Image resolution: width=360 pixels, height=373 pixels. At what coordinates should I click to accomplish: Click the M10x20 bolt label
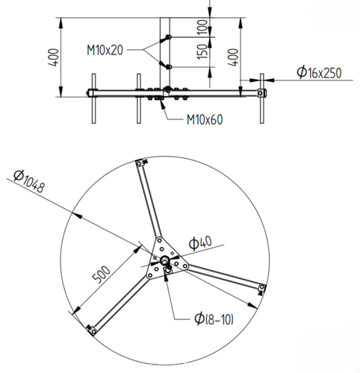(105, 50)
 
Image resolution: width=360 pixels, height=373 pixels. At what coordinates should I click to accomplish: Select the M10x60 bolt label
(205, 119)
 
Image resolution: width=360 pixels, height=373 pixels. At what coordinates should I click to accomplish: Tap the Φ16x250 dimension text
(319, 72)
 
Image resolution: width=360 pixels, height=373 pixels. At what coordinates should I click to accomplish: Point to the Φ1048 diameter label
(29, 181)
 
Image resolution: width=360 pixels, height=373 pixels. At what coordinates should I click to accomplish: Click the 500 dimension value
(101, 275)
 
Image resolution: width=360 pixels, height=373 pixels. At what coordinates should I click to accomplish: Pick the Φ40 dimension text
(200, 242)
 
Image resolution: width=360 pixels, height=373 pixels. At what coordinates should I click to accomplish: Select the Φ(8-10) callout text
(214, 319)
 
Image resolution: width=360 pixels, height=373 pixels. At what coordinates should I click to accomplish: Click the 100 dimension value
(202, 27)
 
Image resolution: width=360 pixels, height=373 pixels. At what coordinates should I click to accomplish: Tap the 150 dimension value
(202, 51)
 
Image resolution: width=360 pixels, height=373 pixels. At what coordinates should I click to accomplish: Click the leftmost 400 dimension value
(54, 57)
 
